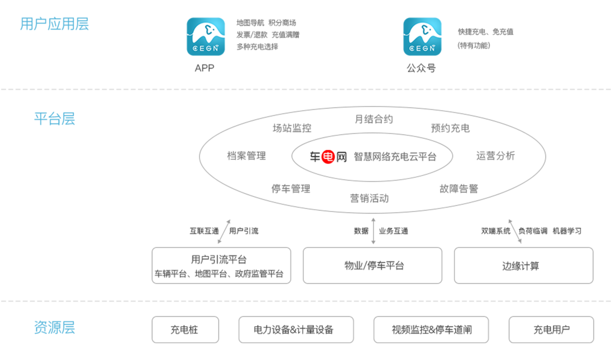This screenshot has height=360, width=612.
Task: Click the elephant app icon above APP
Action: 206,37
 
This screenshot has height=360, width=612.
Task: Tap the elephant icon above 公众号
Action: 422,37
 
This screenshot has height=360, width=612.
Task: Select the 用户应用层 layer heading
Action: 54,24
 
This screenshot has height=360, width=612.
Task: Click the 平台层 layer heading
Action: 54,119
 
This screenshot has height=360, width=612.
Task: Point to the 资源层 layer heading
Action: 54,328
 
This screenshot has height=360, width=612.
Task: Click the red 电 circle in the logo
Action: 328,157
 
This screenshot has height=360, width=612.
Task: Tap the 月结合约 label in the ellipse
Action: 374,119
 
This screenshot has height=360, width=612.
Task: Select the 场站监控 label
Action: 292,128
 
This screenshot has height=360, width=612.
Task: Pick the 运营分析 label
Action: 495,156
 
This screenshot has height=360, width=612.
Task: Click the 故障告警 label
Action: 458,188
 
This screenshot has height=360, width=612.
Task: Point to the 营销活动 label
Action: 369,199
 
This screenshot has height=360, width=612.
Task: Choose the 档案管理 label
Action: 246,156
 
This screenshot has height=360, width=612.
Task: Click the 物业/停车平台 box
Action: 373,266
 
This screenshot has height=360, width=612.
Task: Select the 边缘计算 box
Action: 523,266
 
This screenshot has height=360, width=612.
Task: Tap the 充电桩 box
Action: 185,330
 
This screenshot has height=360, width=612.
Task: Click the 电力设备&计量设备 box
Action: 296,330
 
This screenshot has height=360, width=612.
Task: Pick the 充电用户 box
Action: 551,330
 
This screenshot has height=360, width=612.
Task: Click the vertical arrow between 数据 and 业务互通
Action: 373,231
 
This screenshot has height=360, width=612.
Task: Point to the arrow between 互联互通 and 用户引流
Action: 224,232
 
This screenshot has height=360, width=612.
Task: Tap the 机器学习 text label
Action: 567,231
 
